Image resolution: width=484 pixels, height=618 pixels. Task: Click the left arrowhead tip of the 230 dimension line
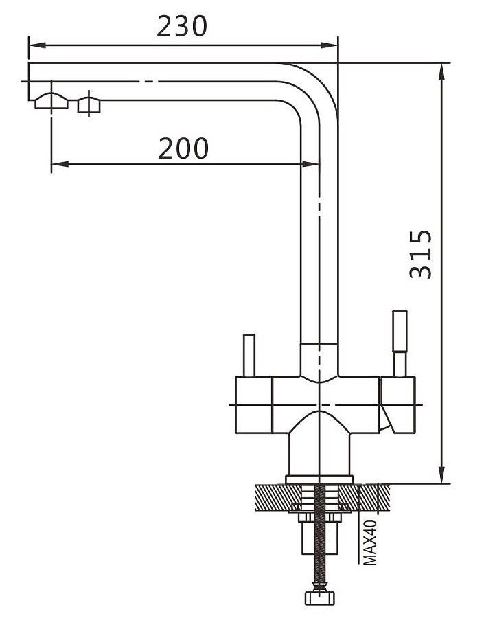click(x=29, y=45)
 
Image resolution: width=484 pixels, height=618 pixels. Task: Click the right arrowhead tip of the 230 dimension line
click(x=337, y=45)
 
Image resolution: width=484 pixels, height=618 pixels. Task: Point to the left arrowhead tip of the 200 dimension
click(x=51, y=164)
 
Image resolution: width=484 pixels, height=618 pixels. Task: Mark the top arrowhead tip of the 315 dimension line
click(x=442, y=63)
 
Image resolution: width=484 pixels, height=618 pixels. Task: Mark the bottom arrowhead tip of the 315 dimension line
click(x=442, y=483)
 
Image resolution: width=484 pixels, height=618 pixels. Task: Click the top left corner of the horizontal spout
click(x=28, y=62)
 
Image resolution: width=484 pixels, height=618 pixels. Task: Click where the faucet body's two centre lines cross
click(x=319, y=404)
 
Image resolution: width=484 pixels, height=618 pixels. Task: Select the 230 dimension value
click(x=182, y=26)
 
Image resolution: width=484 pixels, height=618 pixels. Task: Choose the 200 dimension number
click(x=183, y=148)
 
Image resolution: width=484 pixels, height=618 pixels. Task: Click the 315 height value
click(x=421, y=255)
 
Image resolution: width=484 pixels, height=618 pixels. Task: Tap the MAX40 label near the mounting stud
click(x=370, y=542)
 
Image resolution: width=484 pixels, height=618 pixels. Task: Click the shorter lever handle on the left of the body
click(x=249, y=356)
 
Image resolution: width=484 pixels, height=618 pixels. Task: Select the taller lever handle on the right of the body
click(x=400, y=343)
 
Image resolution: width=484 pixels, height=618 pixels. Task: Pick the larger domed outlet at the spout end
click(x=51, y=101)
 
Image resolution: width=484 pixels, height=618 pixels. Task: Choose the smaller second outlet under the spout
click(x=89, y=105)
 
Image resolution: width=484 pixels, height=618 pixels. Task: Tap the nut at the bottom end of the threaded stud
click(x=320, y=597)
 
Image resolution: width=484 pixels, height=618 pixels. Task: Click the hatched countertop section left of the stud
click(x=278, y=497)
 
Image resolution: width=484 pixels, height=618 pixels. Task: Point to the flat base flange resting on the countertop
click(x=319, y=479)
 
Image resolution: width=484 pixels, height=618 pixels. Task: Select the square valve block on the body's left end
click(x=254, y=404)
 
